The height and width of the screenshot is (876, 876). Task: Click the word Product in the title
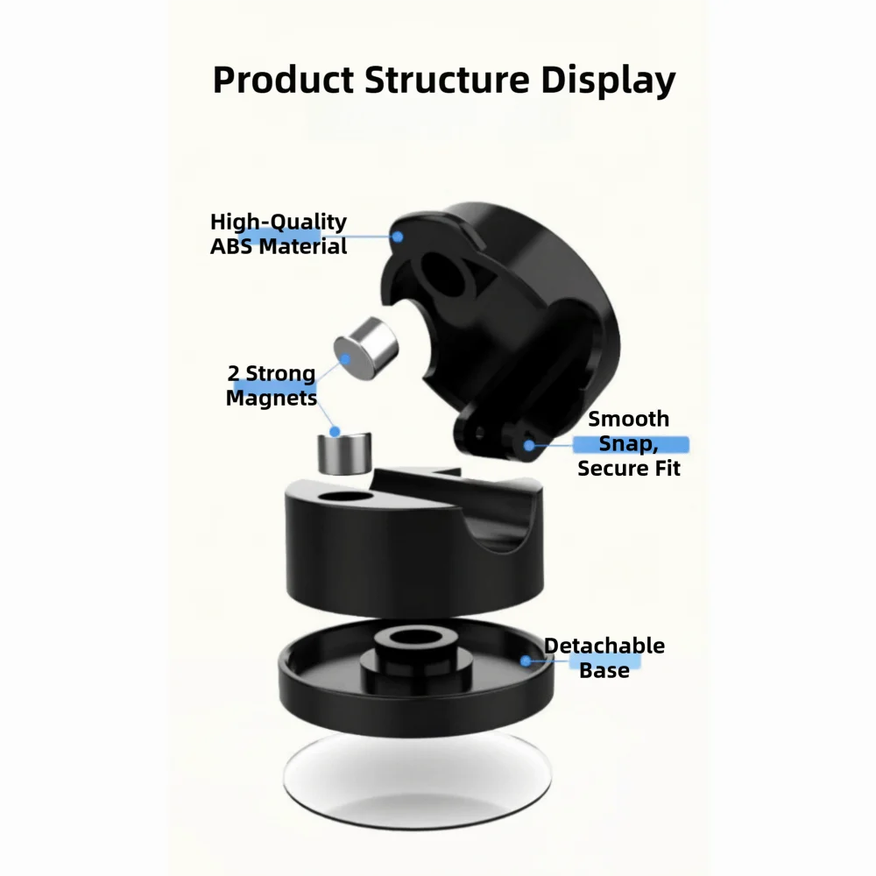point(282,80)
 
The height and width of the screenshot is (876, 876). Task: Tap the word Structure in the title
point(445,80)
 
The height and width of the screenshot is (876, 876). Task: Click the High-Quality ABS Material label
point(279,234)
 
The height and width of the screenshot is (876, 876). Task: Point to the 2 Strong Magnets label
point(272,385)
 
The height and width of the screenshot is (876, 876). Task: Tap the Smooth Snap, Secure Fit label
point(629,443)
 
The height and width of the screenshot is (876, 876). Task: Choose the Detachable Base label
point(604,658)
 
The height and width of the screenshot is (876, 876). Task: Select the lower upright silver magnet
point(343,452)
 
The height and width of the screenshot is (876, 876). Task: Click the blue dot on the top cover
point(398,235)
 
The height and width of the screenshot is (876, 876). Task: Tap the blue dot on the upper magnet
point(346,357)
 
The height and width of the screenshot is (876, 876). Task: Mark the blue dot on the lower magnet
point(334,431)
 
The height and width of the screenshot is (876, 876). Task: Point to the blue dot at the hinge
point(529,445)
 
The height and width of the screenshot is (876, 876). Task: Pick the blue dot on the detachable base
point(526,661)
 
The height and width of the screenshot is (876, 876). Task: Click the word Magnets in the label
point(272,398)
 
